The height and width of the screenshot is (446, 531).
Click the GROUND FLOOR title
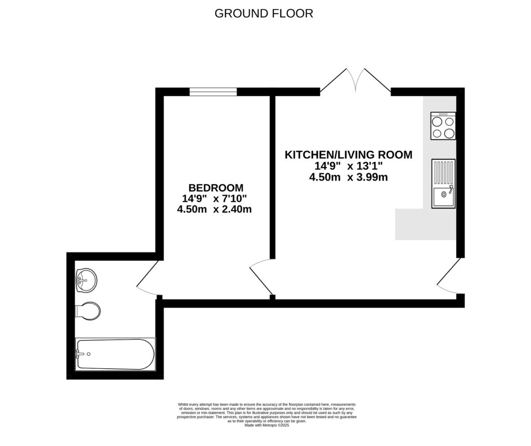point(264,13)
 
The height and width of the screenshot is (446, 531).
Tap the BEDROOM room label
point(215,188)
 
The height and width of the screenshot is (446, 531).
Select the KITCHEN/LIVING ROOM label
point(348,155)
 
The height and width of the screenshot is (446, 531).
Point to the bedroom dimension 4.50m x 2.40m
point(214,210)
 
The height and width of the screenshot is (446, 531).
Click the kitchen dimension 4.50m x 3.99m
point(348,177)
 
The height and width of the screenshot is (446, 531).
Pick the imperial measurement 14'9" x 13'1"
point(348,166)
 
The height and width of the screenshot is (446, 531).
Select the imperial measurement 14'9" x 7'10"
point(214,199)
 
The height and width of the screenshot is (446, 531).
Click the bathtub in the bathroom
point(115,354)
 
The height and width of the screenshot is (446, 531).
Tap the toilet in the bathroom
point(88,311)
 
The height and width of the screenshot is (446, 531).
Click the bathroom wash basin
point(86,280)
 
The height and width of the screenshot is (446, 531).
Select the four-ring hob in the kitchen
point(443,126)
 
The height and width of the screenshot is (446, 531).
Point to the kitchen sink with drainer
point(443,184)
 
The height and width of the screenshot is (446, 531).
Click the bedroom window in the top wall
point(213,92)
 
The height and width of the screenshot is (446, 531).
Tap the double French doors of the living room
point(355,81)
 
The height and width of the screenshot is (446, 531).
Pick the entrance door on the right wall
point(450,277)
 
